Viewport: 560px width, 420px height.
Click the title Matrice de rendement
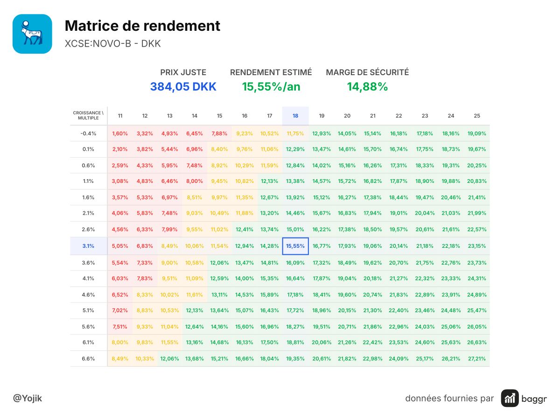(142, 26)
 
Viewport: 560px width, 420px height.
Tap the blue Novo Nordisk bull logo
(32, 34)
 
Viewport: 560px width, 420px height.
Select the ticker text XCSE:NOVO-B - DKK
(112, 43)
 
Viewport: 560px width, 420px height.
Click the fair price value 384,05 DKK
(183, 87)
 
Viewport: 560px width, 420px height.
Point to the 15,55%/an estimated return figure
(271, 87)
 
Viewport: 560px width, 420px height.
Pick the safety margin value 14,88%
(367, 87)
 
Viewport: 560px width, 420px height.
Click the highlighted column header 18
(295, 116)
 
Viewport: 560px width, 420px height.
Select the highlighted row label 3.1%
(88, 246)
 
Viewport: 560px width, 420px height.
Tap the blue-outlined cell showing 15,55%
(295, 246)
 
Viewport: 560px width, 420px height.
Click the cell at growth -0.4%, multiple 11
(120, 133)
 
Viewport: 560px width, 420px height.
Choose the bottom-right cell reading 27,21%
(477, 358)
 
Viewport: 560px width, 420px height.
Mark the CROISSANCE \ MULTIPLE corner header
(88, 115)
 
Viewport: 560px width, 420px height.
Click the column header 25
(477, 116)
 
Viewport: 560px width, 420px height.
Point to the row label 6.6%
(88, 358)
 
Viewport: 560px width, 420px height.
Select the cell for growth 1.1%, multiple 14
(195, 181)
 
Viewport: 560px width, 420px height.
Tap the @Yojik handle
(28, 398)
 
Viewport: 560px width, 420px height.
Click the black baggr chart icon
(510, 398)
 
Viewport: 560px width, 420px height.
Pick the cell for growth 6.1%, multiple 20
(347, 342)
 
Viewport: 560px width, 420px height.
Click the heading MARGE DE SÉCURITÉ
(367, 72)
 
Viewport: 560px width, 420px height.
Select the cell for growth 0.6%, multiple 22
(399, 165)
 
